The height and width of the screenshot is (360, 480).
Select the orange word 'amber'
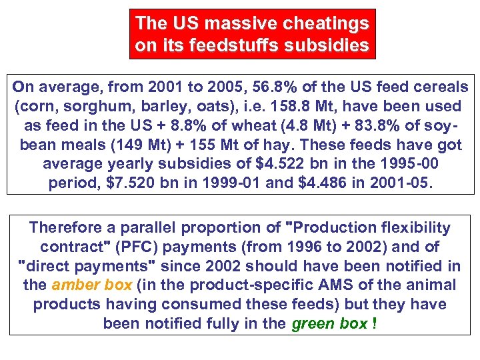click(73, 285)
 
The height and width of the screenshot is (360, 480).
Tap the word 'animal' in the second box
click(435, 285)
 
